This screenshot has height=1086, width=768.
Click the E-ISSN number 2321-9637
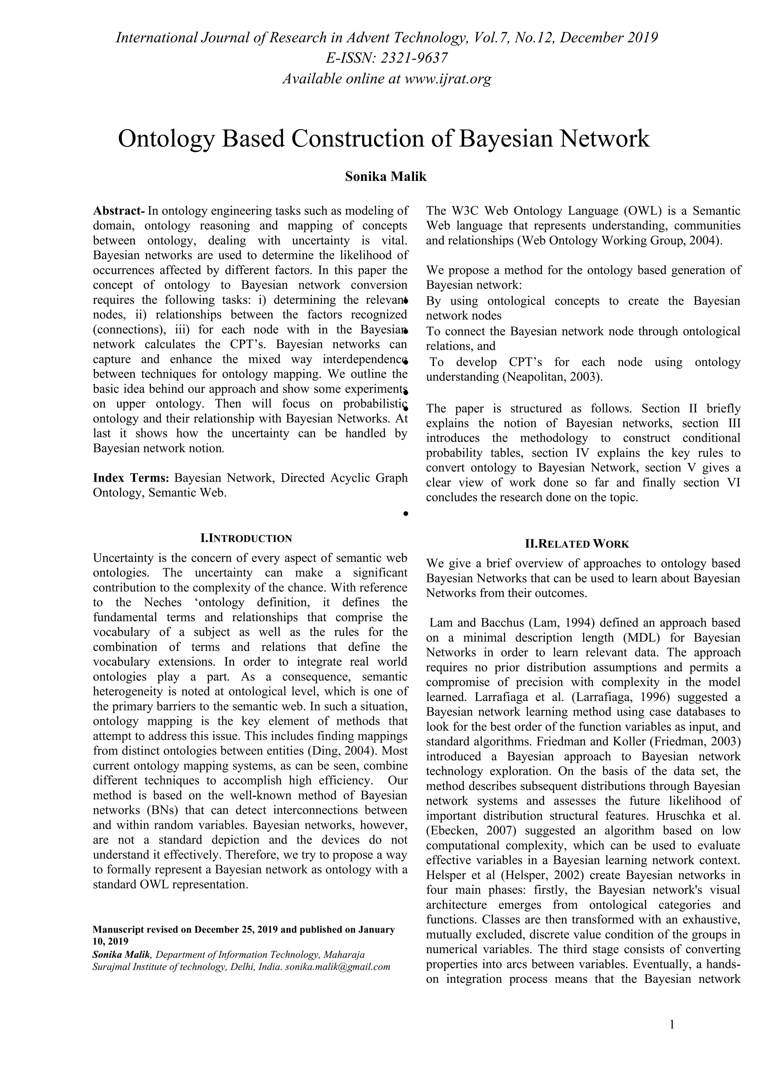414,58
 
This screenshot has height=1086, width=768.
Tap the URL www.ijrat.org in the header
448,78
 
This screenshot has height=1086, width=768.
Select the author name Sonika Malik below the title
385,177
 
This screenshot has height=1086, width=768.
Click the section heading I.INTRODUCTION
246,538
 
